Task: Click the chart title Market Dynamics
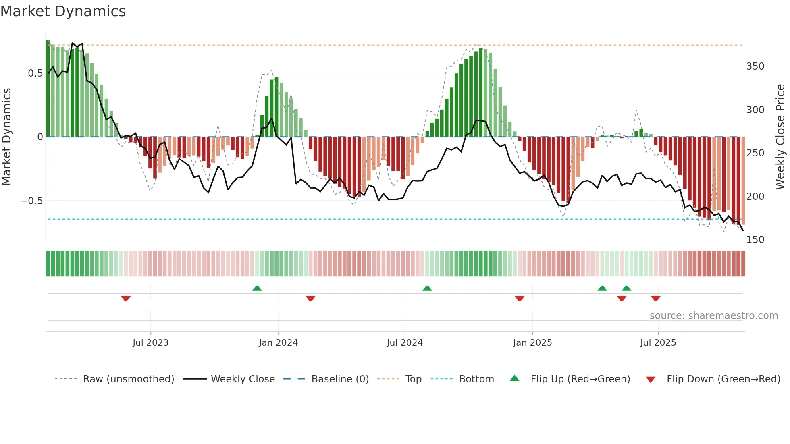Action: tap(63, 11)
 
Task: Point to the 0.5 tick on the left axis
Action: tap(35, 73)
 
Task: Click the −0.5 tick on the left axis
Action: tap(31, 201)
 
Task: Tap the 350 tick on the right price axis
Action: tap(755, 66)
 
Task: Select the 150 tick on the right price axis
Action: tap(755, 240)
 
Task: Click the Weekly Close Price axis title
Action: tap(780, 137)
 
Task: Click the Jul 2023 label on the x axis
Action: tap(150, 343)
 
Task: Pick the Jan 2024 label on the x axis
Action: tap(278, 343)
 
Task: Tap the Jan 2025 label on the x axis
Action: tap(532, 343)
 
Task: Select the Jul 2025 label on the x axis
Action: tap(658, 343)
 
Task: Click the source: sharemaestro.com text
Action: tap(713, 316)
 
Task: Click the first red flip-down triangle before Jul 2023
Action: tap(126, 299)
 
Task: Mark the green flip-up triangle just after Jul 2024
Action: tap(427, 288)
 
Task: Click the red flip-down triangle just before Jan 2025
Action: tap(520, 299)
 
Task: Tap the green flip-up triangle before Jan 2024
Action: tap(257, 288)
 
